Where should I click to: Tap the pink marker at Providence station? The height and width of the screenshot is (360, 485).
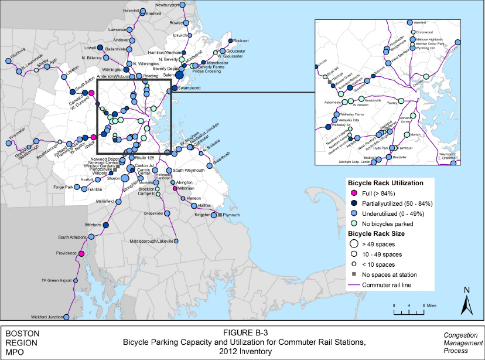tap(81, 253)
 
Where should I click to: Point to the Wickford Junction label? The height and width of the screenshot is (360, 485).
tap(48, 317)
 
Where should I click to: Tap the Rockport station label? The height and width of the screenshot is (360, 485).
tap(241, 40)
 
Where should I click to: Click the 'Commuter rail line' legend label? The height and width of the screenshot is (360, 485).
tap(392, 286)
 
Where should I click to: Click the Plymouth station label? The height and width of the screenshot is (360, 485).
tap(232, 215)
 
